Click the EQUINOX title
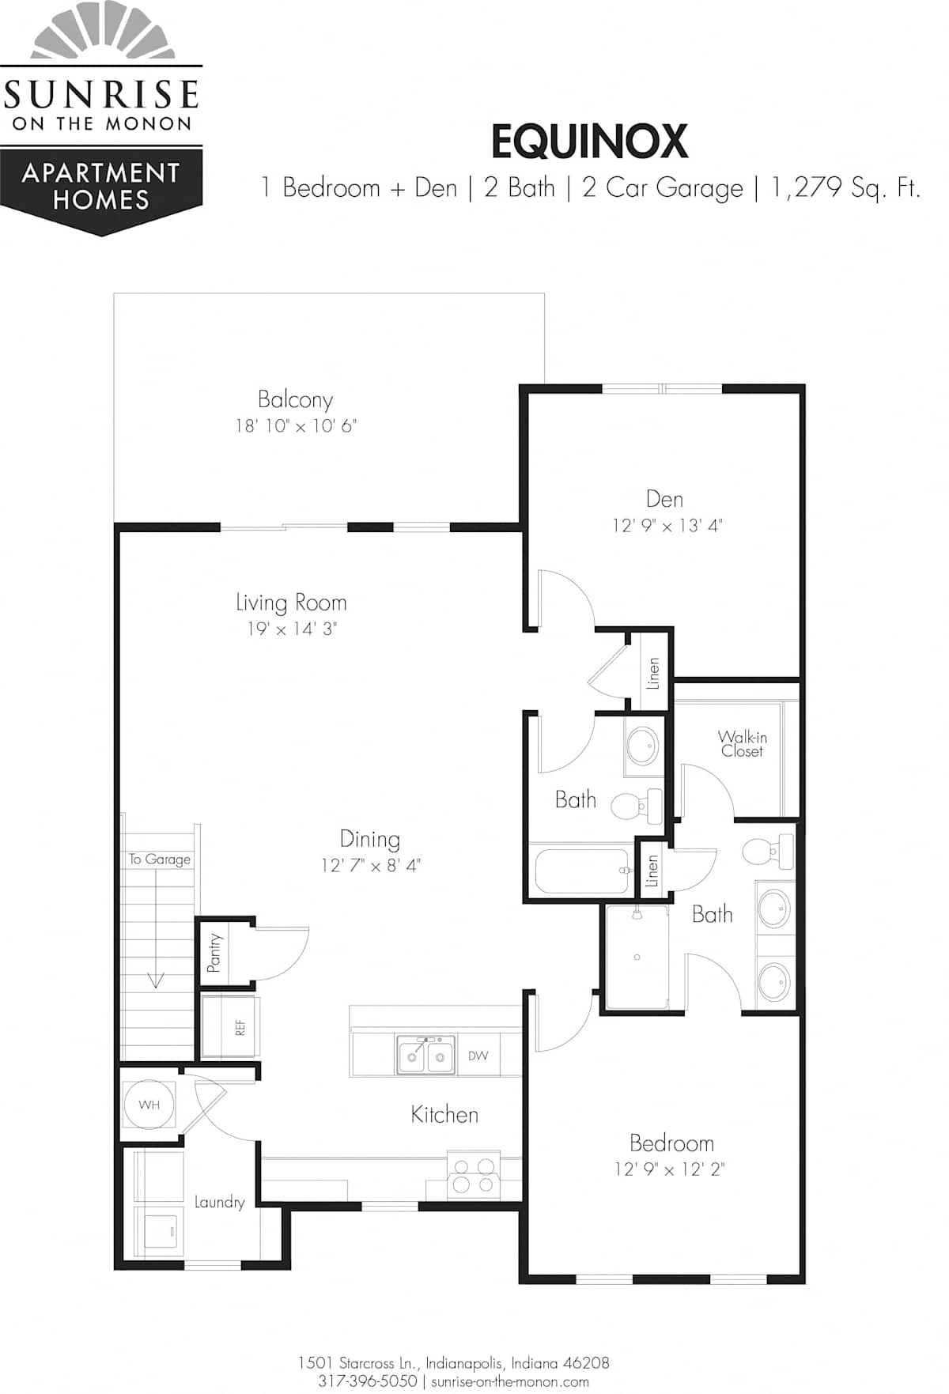tap(589, 142)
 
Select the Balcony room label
tap(295, 400)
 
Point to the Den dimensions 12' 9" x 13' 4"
tap(667, 526)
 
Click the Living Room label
tap(291, 603)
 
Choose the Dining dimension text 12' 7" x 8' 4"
tap(370, 866)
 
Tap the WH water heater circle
tap(149, 1105)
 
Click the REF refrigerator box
tap(229, 1027)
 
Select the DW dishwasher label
tap(478, 1056)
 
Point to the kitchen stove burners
tap(473, 1175)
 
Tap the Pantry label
tap(214, 953)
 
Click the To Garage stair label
tap(160, 859)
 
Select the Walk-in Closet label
tap(742, 744)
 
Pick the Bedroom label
tap(671, 1143)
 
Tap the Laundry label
tap(219, 1203)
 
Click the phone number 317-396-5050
tap(368, 1381)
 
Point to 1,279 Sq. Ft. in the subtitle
tap(845, 188)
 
